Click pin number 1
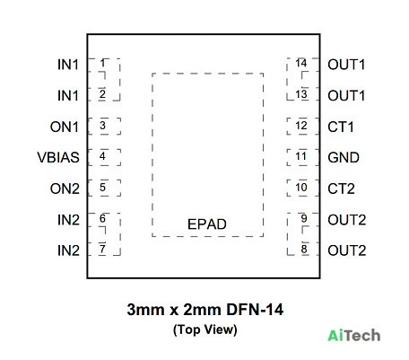click(102, 63)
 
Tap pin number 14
click(301, 63)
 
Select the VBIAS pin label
click(58, 157)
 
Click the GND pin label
click(344, 157)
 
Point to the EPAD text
click(207, 224)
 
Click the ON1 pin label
click(65, 127)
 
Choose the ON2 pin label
click(65, 189)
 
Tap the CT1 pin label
click(341, 127)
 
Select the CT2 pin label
click(341, 189)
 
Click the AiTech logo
click(354, 335)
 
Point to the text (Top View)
click(205, 329)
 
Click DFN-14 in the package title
click(255, 309)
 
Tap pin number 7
click(102, 249)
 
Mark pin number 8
click(304, 249)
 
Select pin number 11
click(301, 156)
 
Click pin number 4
click(102, 156)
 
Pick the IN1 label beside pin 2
click(68, 96)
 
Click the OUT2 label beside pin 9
click(347, 220)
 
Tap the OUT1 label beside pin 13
click(346, 96)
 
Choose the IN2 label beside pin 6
click(68, 220)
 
